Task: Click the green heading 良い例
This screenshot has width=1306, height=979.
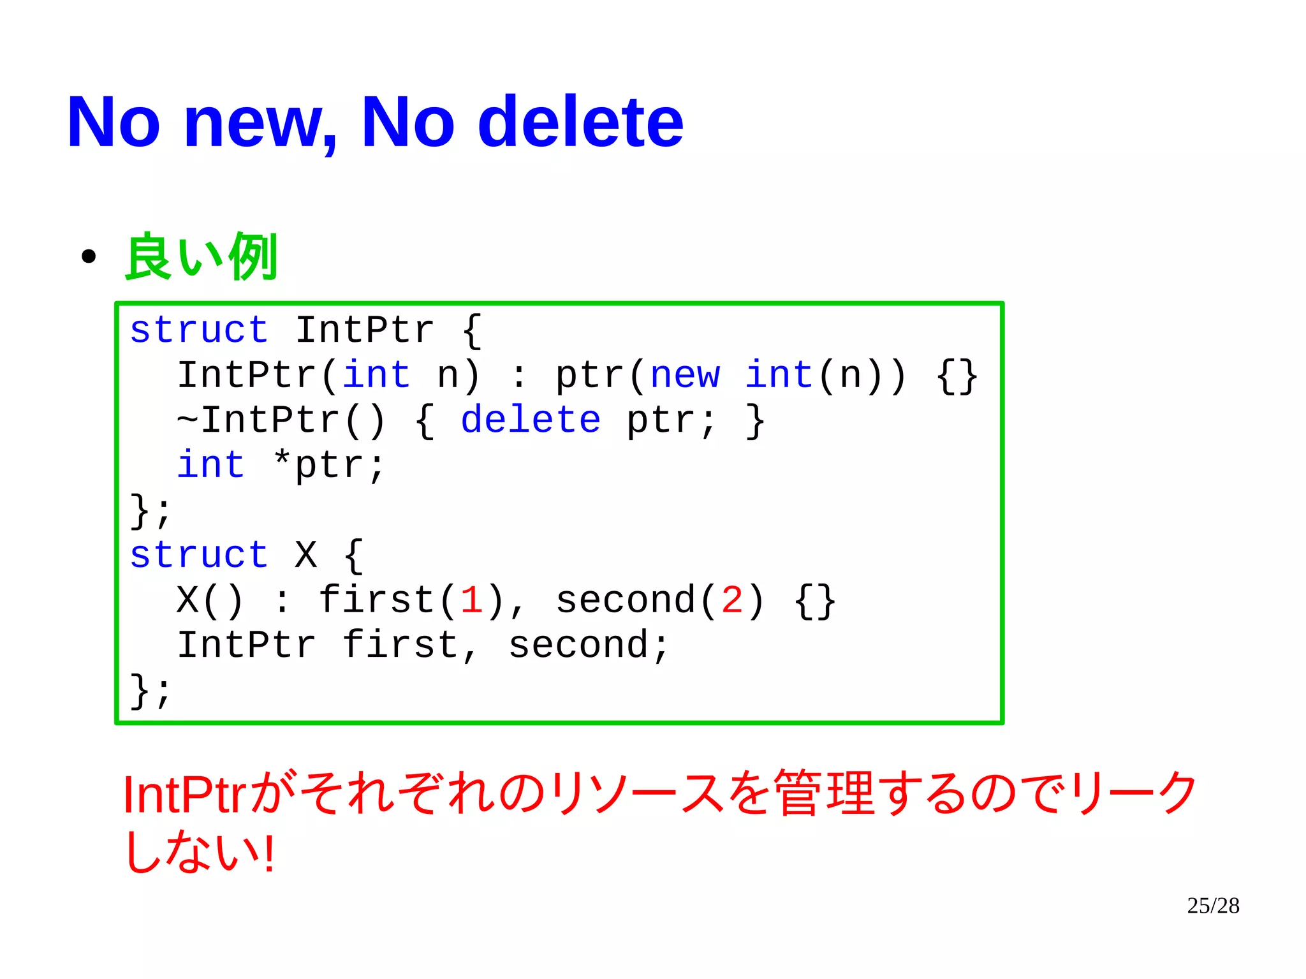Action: [x=201, y=256]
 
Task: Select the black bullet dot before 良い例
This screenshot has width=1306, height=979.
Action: [x=89, y=257]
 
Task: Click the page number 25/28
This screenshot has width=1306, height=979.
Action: [x=1213, y=906]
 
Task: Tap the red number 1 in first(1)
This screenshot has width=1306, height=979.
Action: [x=471, y=600]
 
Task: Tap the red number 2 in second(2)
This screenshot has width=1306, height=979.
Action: [x=732, y=600]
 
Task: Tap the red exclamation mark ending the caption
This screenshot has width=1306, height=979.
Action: [x=269, y=853]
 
